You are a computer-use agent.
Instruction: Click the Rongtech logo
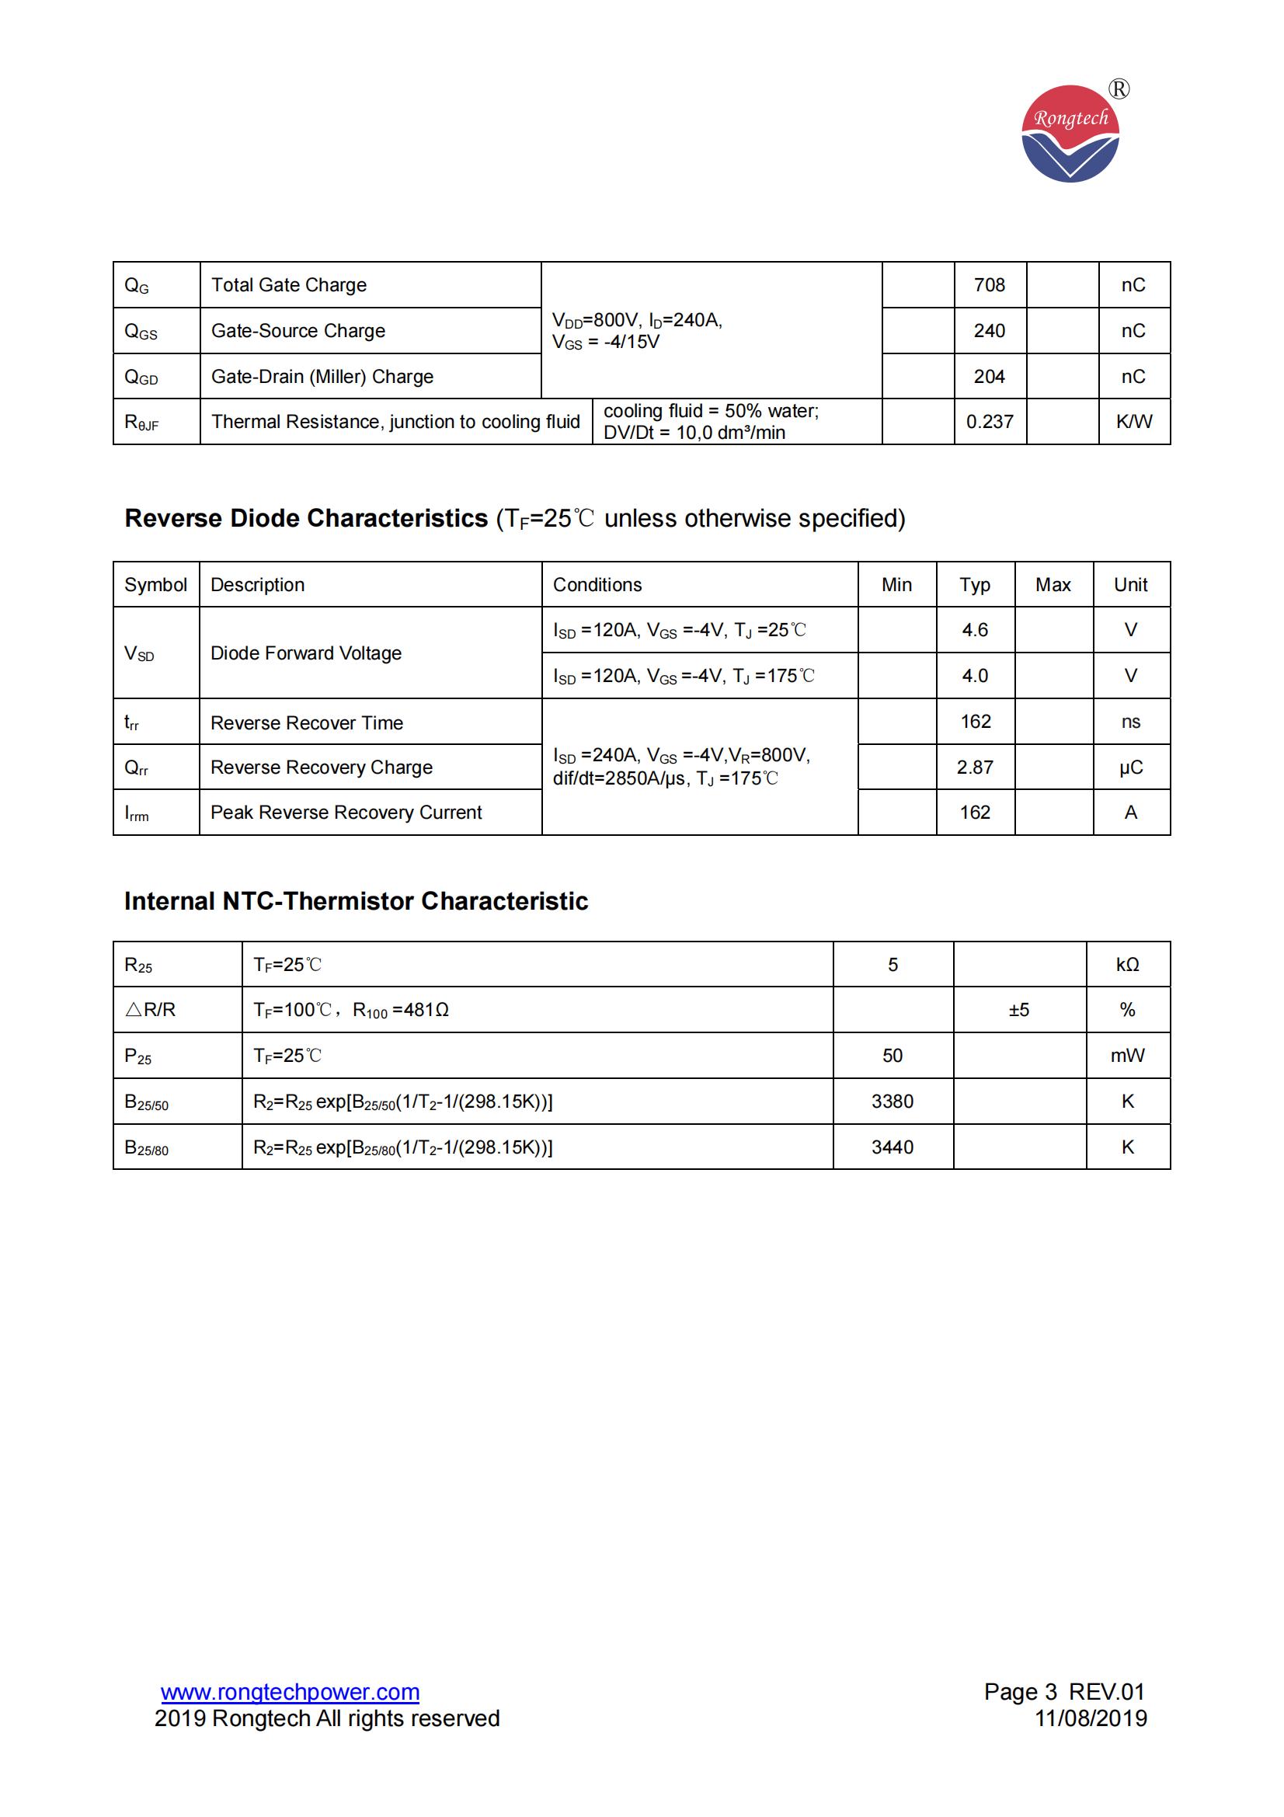tap(1070, 134)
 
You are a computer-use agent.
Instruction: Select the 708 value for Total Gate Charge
tap(989, 285)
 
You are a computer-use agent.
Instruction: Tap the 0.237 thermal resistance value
tap(989, 422)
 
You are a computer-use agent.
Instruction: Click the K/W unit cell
tap(1133, 422)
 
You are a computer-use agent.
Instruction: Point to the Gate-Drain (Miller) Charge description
tap(322, 377)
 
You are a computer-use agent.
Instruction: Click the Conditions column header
tap(597, 585)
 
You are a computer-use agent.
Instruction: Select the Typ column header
tap(975, 585)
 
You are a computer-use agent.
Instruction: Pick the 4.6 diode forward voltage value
tap(975, 630)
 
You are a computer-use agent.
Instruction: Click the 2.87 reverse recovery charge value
tap(975, 768)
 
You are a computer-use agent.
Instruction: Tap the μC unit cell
tap(1130, 768)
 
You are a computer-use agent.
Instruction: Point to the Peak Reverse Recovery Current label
tap(346, 813)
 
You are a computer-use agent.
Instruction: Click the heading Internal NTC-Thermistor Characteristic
tap(356, 901)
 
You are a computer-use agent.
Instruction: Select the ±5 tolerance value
tap(1019, 1010)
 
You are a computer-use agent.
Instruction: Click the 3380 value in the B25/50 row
tap(893, 1102)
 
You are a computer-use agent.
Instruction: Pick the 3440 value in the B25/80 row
tap(893, 1147)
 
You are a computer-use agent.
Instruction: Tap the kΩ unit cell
tap(1127, 965)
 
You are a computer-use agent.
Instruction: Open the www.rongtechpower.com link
tap(290, 1692)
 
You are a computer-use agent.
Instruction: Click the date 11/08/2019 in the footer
tap(1091, 1719)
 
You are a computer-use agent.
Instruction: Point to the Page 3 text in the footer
tap(1020, 1692)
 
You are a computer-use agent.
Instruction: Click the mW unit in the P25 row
tap(1127, 1056)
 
